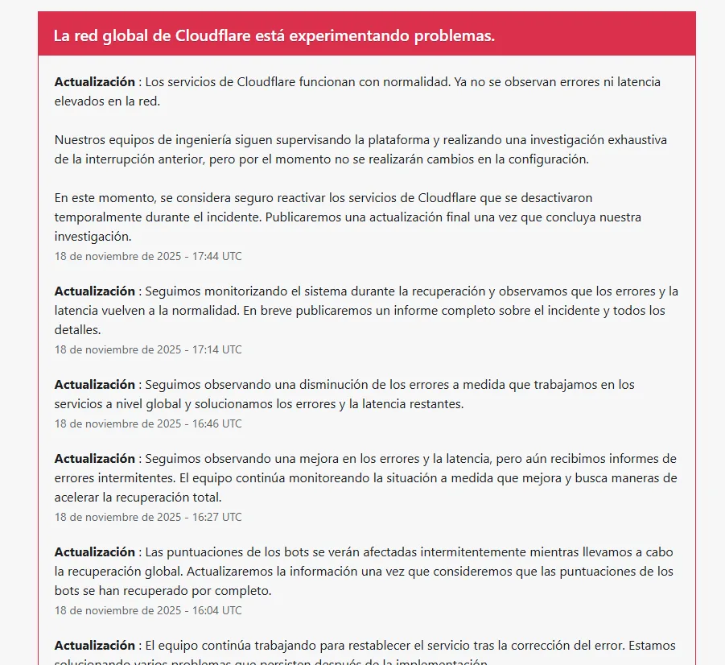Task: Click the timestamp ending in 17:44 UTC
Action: [x=148, y=256]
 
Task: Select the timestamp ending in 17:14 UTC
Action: [x=148, y=349]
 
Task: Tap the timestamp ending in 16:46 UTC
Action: [x=148, y=423]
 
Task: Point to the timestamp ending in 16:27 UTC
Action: [x=148, y=517]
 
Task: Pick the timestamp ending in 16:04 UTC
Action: [x=148, y=610]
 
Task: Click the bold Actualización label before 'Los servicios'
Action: [x=94, y=82]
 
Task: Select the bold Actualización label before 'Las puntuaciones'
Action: [x=94, y=552]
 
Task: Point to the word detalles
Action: [x=77, y=330]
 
